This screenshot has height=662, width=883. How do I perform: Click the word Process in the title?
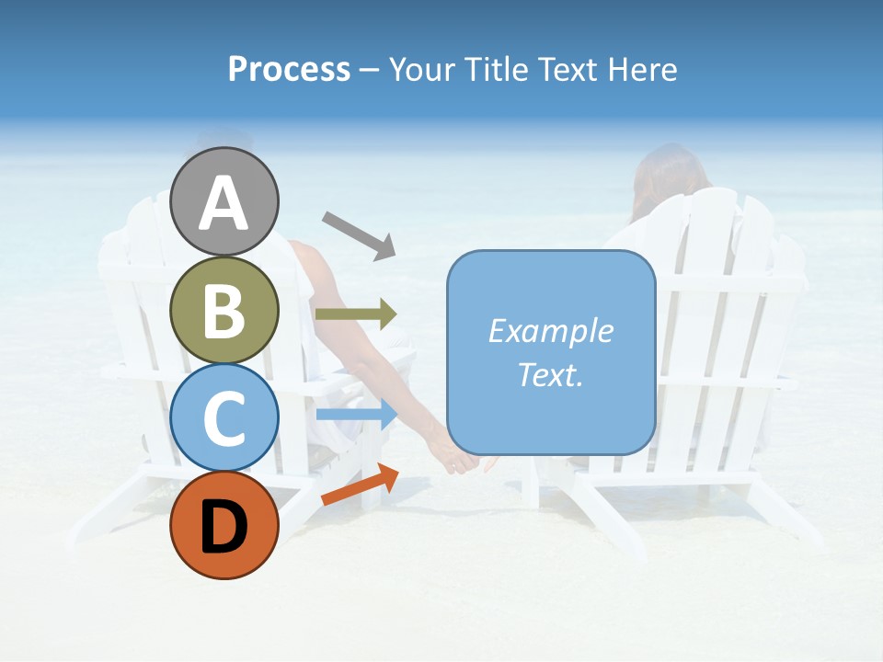coord(289,70)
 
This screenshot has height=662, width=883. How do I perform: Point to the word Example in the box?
coord(550,331)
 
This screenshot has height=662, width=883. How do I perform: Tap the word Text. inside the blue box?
coord(550,375)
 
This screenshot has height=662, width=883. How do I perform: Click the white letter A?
coord(224,204)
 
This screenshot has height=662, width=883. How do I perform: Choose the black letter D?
coord(224,527)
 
